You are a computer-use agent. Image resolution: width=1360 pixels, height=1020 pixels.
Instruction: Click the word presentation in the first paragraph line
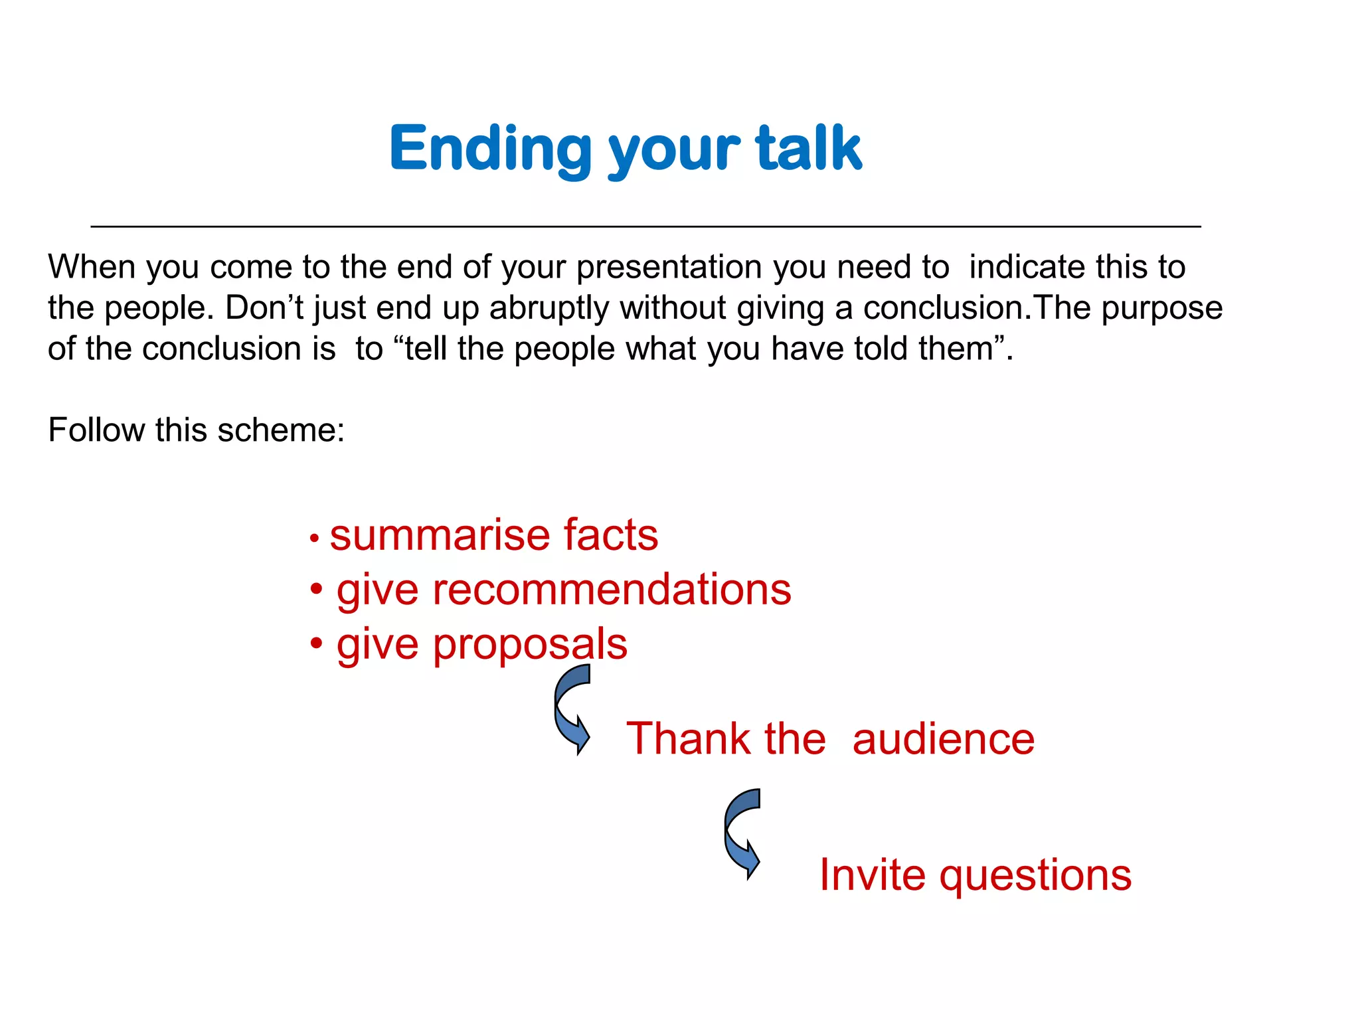(x=669, y=267)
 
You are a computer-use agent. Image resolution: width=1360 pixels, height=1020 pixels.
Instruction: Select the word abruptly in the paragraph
(x=549, y=309)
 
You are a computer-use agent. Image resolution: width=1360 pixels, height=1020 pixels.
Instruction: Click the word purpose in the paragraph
(x=1161, y=308)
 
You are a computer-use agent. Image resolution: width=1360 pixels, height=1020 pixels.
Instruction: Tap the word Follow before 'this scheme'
(x=96, y=430)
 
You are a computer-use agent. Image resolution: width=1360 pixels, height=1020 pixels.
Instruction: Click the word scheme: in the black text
(x=281, y=430)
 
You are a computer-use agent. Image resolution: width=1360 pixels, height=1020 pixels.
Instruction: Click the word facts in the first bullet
(x=610, y=535)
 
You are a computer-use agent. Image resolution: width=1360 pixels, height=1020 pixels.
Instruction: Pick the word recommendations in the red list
(x=612, y=590)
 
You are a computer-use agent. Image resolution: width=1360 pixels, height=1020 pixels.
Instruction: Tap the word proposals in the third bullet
(x=529, y=645)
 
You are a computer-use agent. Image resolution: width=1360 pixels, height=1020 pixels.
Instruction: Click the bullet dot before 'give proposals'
(x=317, y=643)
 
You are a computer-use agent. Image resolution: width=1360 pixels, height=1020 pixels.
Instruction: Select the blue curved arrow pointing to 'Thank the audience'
(x=572, y=709)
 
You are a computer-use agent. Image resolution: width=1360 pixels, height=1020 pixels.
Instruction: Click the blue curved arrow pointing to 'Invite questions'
(x=742, y=834)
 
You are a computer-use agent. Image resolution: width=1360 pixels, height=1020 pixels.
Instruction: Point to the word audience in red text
(x=943, y=739)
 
